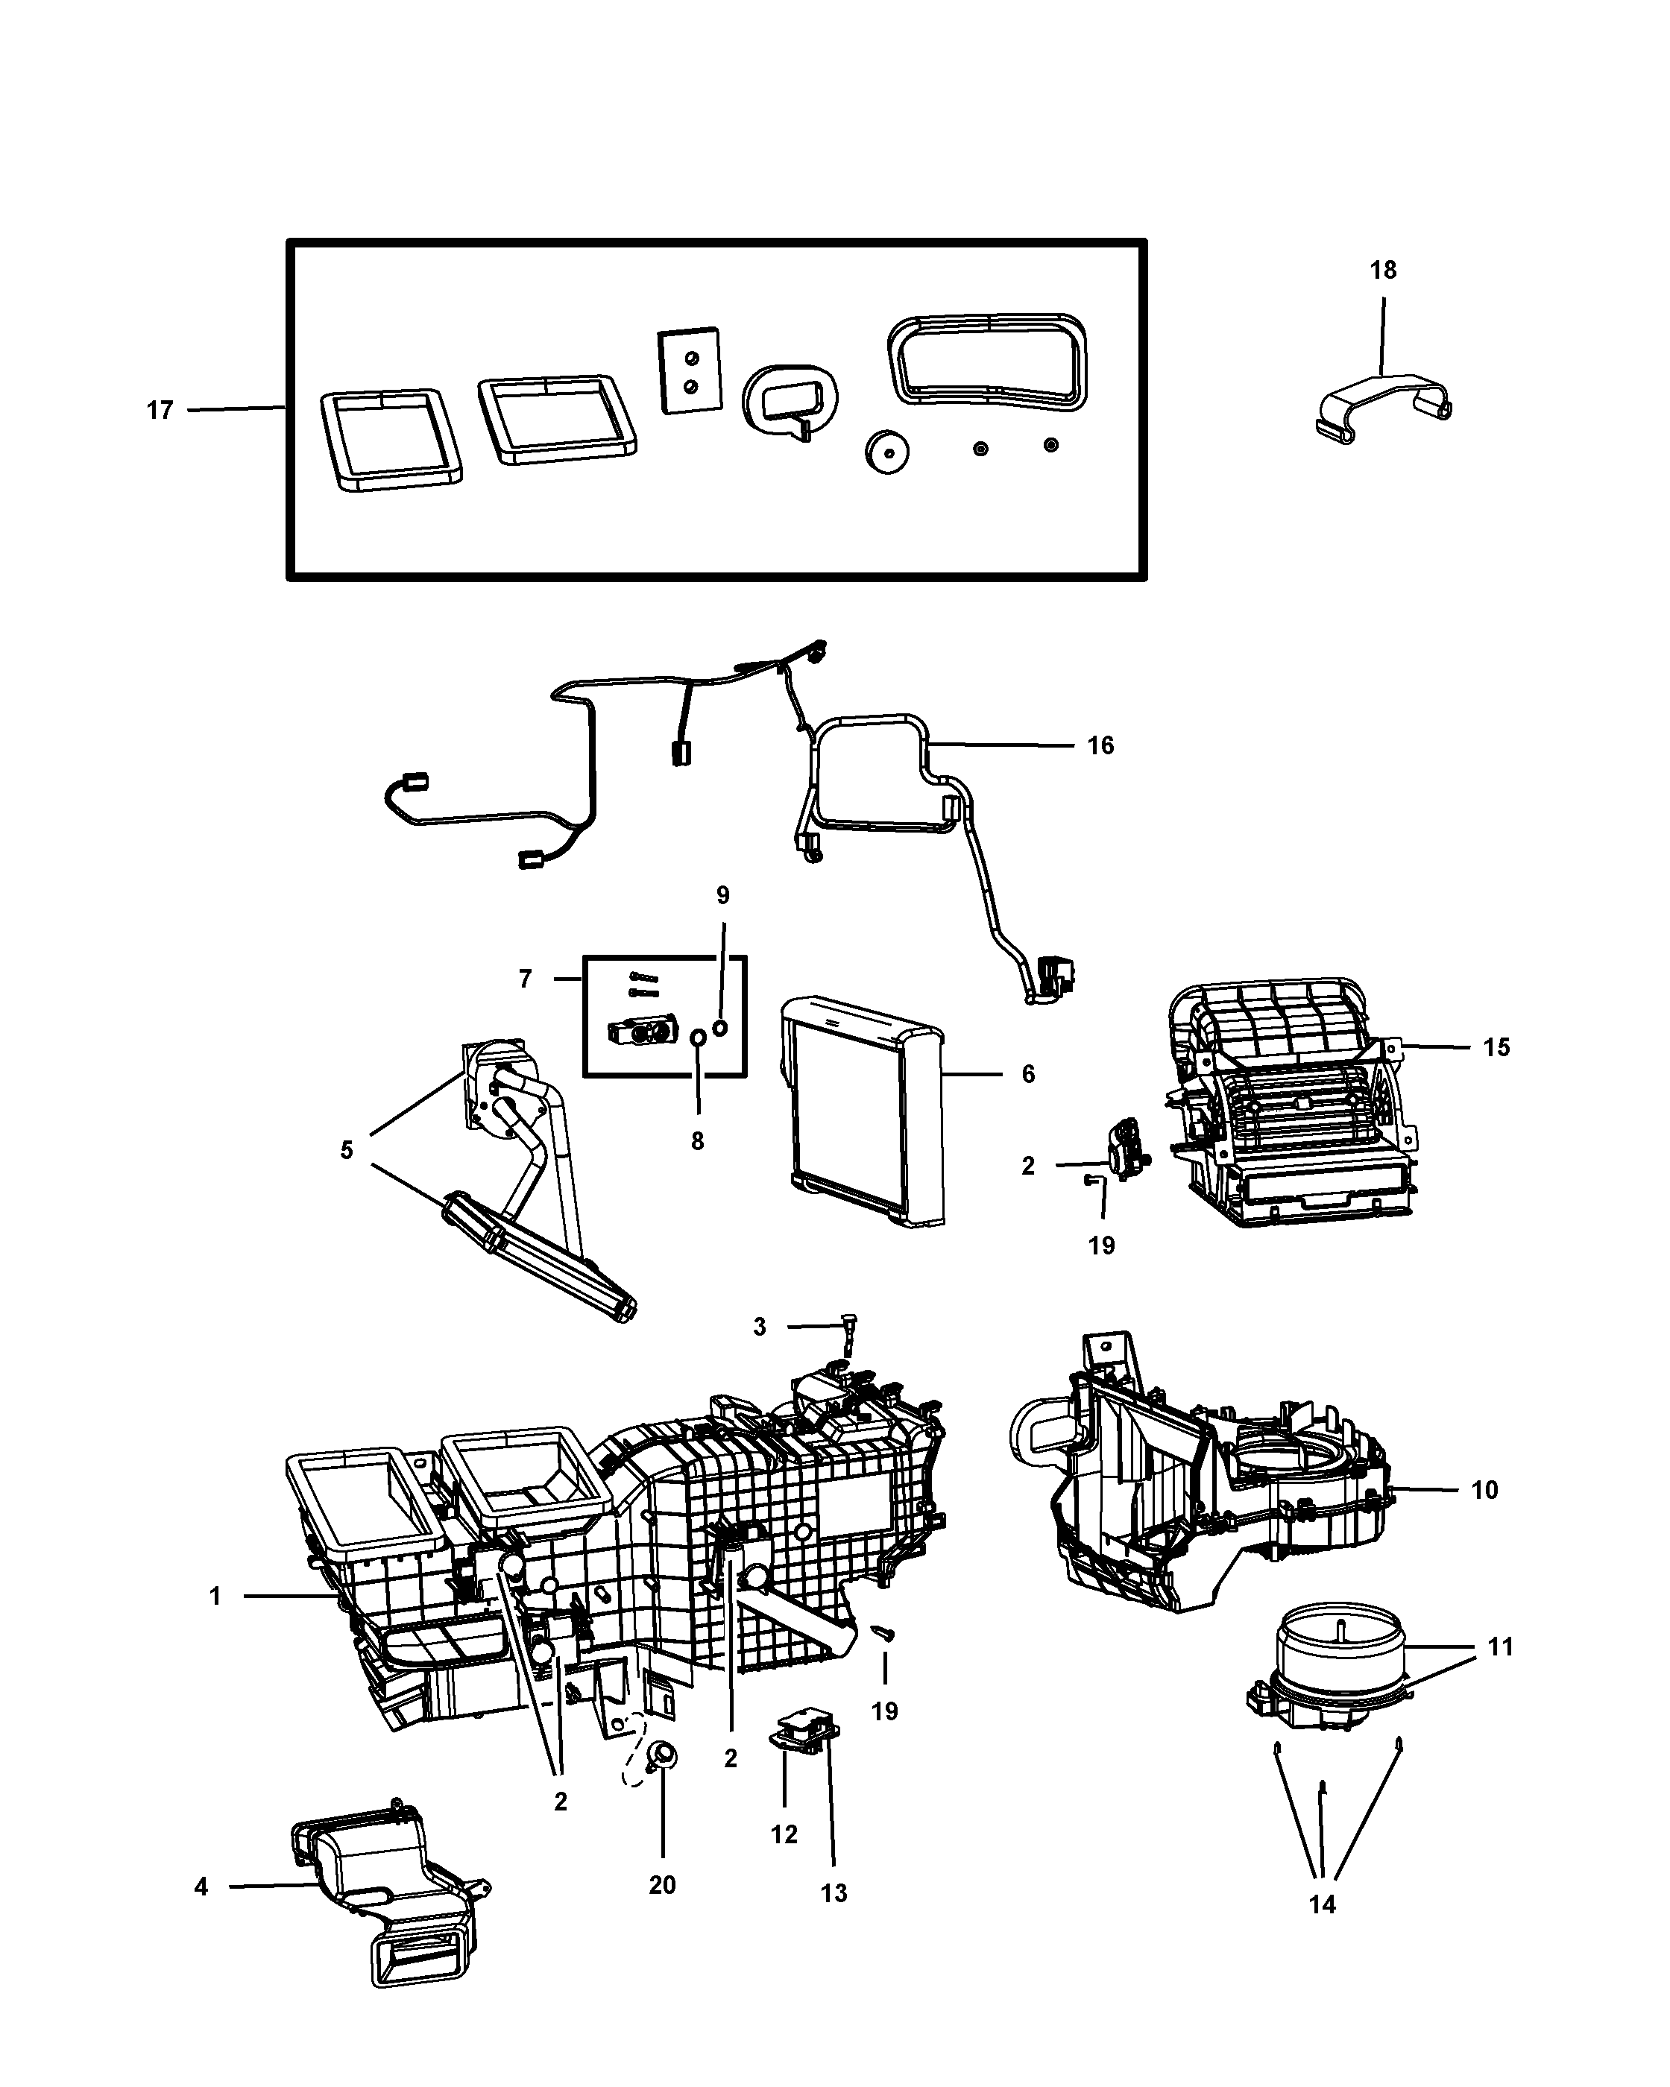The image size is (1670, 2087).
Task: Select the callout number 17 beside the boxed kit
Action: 160,411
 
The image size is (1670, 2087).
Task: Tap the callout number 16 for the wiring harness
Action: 1100,745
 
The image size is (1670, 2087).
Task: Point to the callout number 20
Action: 662,1885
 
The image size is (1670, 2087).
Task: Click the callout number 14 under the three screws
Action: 1322,1904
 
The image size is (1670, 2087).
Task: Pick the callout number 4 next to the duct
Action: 201,1886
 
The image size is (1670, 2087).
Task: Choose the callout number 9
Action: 722,895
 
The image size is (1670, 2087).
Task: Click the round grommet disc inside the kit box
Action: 886,451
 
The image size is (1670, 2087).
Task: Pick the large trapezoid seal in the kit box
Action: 988,360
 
